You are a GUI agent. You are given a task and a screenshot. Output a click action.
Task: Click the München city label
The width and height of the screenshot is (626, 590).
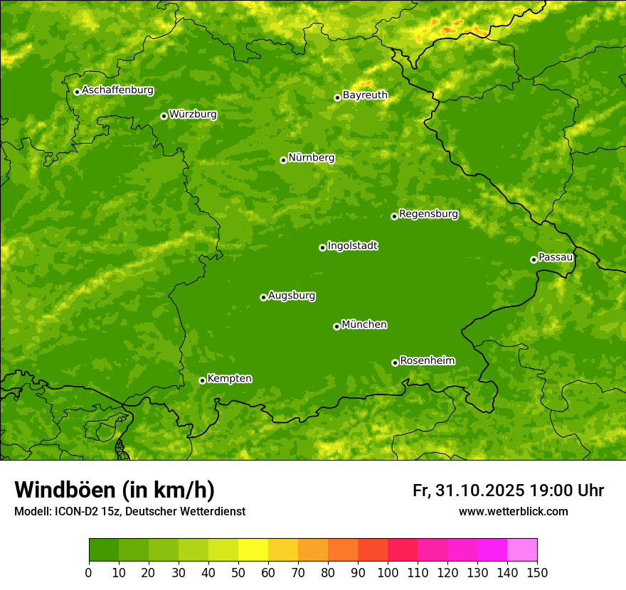point(364,325)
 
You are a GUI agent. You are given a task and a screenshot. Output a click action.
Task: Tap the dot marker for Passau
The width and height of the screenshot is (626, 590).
point(534,259)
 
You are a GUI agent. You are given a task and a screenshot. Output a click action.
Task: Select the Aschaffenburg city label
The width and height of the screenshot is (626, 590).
point(117,90)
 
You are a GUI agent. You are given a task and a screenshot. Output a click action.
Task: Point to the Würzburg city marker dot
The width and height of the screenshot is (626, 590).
point(164,116)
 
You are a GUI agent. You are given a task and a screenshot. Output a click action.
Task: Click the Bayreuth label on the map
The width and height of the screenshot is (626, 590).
point(365,95)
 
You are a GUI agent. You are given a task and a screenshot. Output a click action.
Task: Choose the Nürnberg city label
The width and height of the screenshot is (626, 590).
point(311,158)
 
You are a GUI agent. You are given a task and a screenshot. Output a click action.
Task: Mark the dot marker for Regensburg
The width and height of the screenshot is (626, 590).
point(394,216)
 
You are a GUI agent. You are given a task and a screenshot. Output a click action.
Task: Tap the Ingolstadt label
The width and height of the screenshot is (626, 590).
point(352,246)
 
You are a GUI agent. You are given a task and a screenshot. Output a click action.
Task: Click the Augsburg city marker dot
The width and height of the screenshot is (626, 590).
point(263,297)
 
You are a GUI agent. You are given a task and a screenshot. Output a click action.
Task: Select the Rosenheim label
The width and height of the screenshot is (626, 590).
point(427,361)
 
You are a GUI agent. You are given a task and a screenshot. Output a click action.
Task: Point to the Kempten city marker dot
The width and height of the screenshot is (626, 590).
point(202,380)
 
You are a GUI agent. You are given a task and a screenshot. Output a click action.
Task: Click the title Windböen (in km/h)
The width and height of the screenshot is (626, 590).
point(115,490)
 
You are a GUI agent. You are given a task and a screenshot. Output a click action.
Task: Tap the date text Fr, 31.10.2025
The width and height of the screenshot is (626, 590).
point(468,490)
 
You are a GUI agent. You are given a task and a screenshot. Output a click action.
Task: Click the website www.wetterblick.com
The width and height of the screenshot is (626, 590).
point(513,511)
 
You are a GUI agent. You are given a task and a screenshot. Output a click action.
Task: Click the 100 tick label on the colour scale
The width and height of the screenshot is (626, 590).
point(388,572)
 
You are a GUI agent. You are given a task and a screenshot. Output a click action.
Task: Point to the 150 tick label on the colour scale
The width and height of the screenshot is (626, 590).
point(537,572)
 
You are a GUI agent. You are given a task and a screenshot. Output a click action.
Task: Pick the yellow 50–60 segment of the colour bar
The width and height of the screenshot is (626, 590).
point(253,550)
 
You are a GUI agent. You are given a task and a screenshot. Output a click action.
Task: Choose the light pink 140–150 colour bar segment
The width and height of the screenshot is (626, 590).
point(522,550)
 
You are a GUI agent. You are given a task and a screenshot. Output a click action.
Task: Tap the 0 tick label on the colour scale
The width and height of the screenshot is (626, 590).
point(89,572)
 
